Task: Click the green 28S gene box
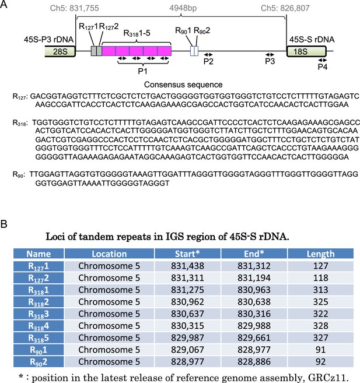(x=60, y=51)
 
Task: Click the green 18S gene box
(x=306, y=51)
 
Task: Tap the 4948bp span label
(x=183, y=8)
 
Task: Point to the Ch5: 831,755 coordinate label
(x=74, y=8)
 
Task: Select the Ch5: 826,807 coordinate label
(x=285, y=8)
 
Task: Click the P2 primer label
(x=208, y=62)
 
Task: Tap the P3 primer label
(x=270, y=61)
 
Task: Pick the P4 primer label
(x=322, y=66)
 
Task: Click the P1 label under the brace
(x=143, y=71)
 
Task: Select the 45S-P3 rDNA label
(x=48, y=40)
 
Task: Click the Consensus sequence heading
(x=183, y=85)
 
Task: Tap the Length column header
(x=321, y=254)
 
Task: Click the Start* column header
(x=187, y=254)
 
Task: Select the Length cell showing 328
(x=321, y=326)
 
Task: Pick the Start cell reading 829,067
(x=187, y=350)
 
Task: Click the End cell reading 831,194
(x=254, y=277)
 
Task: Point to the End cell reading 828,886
(x=254, y=361)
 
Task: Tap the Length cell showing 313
(x=321, y=290)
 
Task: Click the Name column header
(x=39, y=254)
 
